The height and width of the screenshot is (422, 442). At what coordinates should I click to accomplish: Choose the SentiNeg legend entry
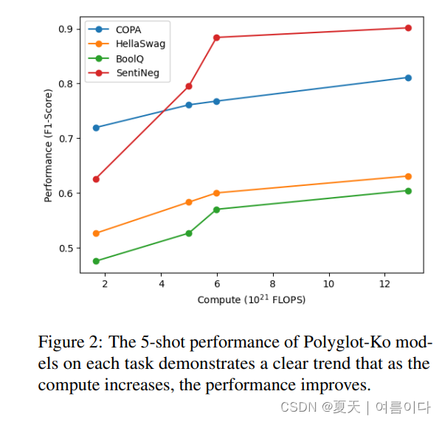(131, 73)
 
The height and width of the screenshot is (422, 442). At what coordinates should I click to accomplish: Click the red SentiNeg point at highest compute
(408, 28)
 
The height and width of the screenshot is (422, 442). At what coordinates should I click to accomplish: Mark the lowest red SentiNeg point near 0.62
(96, 179)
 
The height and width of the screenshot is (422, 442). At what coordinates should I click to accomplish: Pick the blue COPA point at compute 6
(216, 101)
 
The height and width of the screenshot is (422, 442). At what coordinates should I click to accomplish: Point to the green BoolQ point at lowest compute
(96, 261)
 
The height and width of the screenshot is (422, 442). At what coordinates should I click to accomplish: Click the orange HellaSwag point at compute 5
(189, 202)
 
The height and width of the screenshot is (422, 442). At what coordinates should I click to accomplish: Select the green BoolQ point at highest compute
(408, 190)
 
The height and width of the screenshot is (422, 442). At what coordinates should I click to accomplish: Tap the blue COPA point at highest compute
(408, 77)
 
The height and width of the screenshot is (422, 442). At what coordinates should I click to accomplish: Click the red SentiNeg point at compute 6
(216, 38)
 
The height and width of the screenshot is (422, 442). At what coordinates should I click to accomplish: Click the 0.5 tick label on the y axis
(66, 249)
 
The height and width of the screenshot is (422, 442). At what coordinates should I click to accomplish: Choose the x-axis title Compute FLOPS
(251, 300)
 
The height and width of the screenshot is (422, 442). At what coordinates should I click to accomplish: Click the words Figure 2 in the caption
(70, 343)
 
